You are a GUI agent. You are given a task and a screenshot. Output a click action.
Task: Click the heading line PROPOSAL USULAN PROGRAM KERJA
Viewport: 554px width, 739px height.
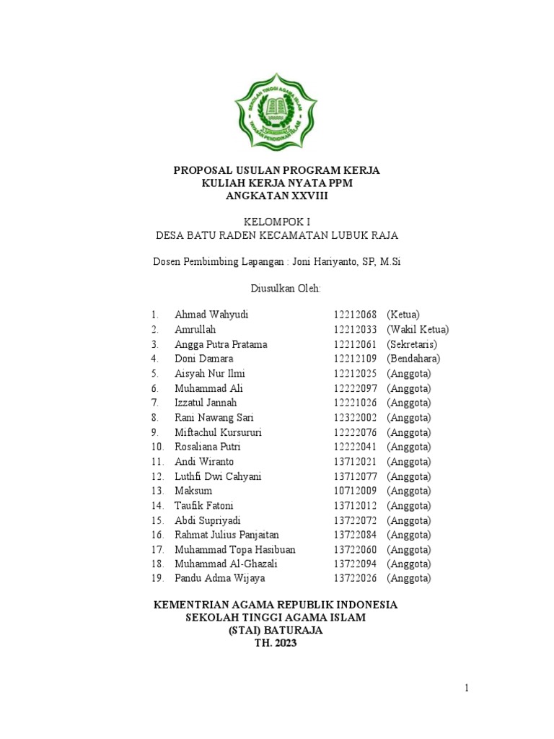click(x=276, y=170)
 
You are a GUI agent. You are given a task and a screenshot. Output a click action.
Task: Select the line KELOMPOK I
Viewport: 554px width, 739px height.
click(x=276, y=221)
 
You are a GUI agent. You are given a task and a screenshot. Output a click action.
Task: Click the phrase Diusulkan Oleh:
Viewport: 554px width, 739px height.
click(x=277, y=288)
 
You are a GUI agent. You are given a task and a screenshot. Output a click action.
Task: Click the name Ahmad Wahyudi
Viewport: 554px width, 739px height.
click(x=206, y=315)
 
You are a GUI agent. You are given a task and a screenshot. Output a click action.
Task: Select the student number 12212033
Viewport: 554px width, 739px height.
click(x=355, y=330)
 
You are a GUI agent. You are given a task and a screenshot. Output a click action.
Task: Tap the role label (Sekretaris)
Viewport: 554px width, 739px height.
click(x=412, y=344)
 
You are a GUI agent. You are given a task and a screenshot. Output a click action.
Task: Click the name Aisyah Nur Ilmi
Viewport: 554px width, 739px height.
click(x=210, y=374)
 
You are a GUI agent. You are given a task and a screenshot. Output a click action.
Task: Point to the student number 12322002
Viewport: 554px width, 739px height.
click(x=355, y=418)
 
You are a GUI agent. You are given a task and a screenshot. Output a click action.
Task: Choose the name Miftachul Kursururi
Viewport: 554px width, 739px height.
click(x=218, y=432)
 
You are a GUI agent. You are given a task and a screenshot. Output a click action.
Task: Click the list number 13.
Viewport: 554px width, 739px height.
click(x=157, y=491)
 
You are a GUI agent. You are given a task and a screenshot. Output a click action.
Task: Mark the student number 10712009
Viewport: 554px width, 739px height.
click(x=355, y=491)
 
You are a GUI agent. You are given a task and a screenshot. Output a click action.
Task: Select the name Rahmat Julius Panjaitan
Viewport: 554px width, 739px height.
click(x=227, y=535)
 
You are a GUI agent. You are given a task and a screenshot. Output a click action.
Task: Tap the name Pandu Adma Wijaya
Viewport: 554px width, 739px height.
click(x=219, y=579)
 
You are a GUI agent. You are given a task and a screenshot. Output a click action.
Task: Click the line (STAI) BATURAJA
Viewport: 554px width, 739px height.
click(x=276, y=631)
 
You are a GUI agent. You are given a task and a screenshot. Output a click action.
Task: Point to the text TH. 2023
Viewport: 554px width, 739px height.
click(x=276, y=644)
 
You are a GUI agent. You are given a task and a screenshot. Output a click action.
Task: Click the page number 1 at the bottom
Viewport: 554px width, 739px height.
click(x=467, y=689)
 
